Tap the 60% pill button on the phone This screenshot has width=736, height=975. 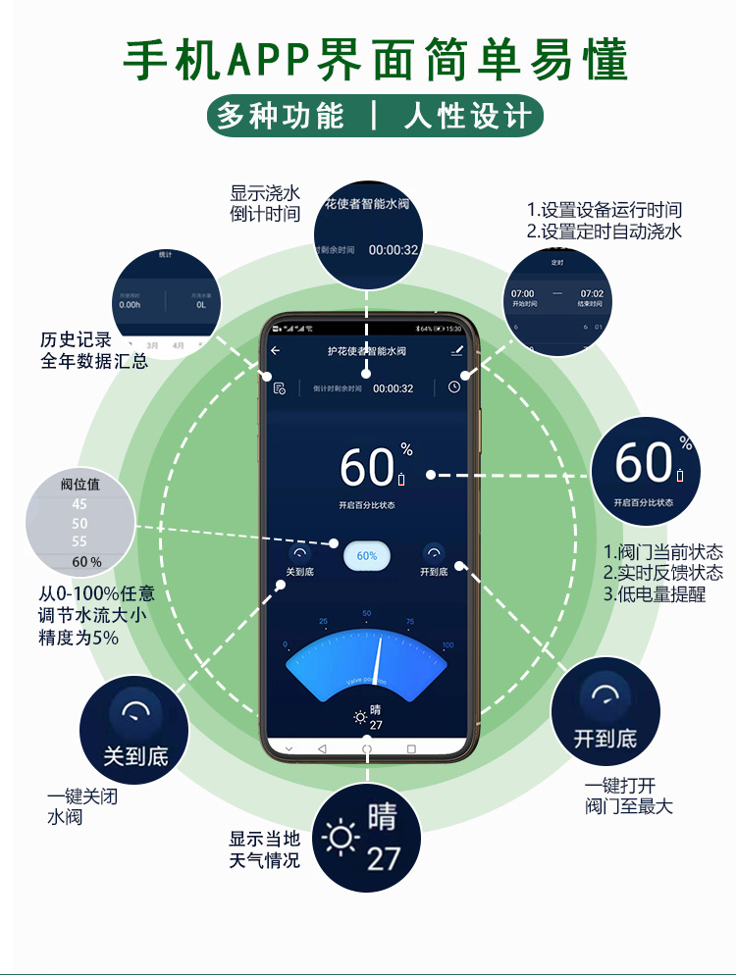click(367, 555)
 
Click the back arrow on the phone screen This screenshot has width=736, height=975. click(276, 350)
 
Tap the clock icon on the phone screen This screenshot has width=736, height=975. click(454, 386)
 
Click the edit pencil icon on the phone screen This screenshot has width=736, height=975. click(456, 350)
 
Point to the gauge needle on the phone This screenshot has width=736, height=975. click(377, 663)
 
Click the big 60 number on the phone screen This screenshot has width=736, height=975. click(367, 468)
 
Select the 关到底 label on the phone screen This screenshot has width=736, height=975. click(298, 572)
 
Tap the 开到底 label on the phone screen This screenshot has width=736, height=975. click(434, 572)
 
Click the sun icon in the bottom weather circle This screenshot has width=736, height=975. click(341, 839)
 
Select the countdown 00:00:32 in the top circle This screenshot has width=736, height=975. click(394, 250)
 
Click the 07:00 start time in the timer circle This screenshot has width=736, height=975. click(522, 293)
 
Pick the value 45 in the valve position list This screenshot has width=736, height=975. click(79, 504)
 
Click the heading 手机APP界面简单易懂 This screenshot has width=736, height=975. click(375, 60)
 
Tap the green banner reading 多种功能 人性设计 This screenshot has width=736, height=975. click(375, 116)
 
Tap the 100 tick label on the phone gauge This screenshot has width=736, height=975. click(447, 644)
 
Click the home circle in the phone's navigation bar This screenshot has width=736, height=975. click(367, 748)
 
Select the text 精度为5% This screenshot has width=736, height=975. click(79, 638)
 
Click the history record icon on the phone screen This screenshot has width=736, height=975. click(280, 387)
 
